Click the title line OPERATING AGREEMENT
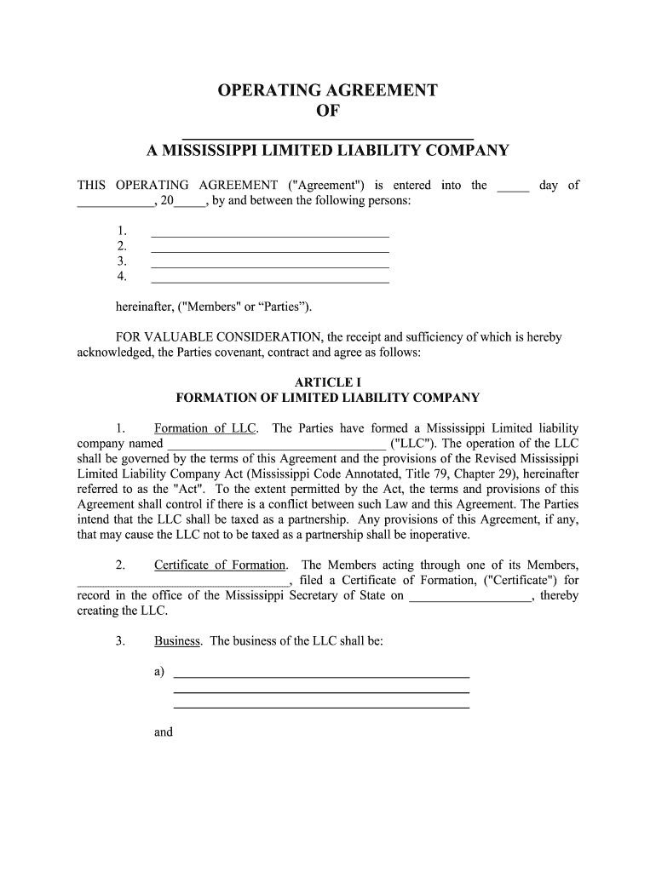328,91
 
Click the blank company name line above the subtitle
328,135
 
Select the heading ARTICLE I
328,381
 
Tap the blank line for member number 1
269,234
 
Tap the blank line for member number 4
269,280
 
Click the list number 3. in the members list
122,261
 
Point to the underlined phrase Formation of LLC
204,428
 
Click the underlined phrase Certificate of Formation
220,565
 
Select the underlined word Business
177,641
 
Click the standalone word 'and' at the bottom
164,731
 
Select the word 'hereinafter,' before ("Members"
146,307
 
